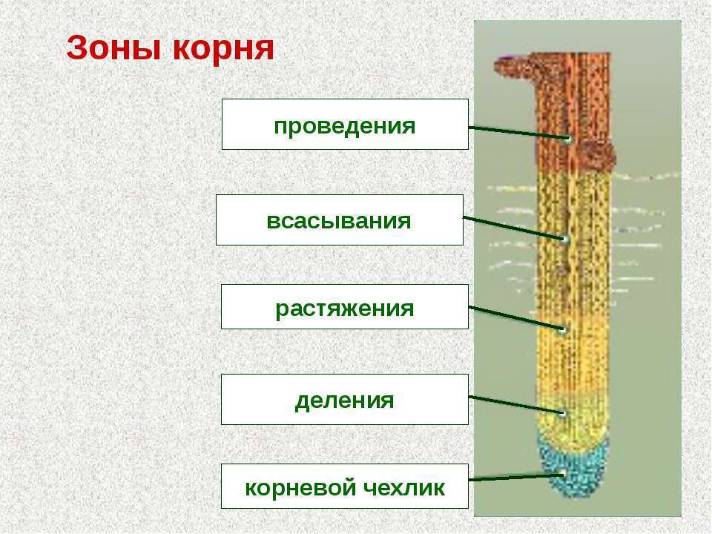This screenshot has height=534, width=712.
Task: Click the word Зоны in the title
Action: coord(114,48)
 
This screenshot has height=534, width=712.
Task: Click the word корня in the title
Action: coord(223,48)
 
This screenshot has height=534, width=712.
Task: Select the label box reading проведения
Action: coord(345,125)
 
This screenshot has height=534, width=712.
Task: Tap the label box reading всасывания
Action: coord(340,220)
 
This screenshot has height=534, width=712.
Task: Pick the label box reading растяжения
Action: coord(345,307)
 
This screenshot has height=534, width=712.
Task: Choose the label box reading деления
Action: coord(345,400)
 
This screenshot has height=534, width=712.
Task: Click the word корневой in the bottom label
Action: coord(300,489)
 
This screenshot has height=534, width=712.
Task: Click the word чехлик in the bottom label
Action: coord(404,488)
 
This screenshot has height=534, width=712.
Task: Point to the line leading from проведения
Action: coord(518,133)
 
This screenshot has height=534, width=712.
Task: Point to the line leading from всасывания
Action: coord(514,228)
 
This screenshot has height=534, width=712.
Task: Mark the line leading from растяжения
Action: coord(516,318)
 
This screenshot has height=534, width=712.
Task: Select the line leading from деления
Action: coord(516,405)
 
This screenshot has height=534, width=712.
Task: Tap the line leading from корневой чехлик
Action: coord(516,477)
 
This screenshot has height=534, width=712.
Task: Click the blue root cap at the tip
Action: coord(573,470)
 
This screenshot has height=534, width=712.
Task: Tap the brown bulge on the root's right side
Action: coord(598,154)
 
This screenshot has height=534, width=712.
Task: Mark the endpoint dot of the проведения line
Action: coord(568,139)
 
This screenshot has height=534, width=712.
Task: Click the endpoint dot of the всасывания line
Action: coord(565,239)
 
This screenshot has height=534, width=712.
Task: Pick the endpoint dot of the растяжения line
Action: coord(563,329)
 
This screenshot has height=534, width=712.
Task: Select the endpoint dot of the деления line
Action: coord(563,414)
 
